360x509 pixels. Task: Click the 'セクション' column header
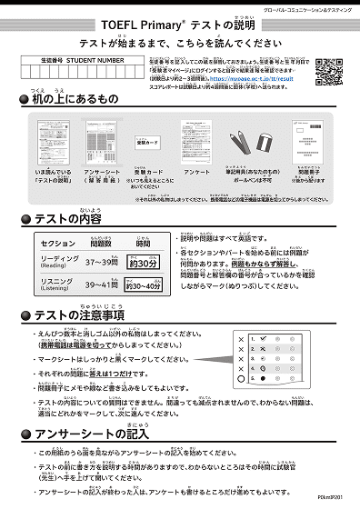pos(59,244)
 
